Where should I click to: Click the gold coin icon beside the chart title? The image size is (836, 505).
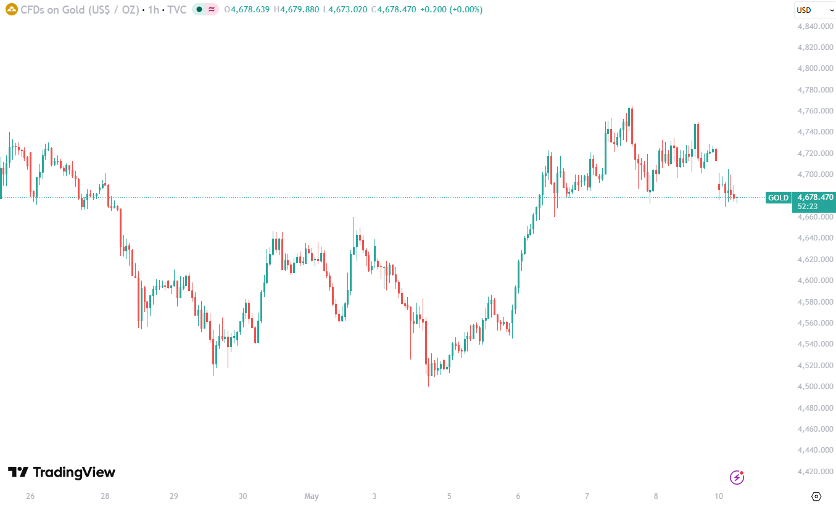pyautogui.click(x=12, y=9)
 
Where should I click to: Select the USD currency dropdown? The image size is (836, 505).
pyautogui.click(x=815, y=10)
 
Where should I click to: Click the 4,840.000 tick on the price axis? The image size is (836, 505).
pyautogui.click(x=815, y=26)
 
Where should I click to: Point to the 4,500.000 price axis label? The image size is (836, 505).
pyautogui.click(x=815, y=387)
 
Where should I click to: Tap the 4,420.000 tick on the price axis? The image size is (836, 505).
pyautogui.click(x=815, y=472)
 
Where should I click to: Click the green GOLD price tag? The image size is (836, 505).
pyautogui.click(x=778, y=198)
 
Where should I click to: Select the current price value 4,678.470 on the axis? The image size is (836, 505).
pyautogui.click(x=815, y=197)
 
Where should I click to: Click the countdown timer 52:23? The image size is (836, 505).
pyautogui.click(x=807, y=206)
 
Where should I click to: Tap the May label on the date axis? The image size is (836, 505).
pyautogui.click(x=312, y=496)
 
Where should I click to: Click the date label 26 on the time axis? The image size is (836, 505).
pyautogui.click(x=30, y=496)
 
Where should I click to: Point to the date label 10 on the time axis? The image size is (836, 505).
pyautogui.click(x=719, y=496)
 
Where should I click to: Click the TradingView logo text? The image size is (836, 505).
pyautogui.click(x=74, y=472)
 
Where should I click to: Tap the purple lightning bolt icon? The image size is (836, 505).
pyautogui.click(x=737, y=477)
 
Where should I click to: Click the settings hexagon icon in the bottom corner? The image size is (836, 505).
pyautogui.click(x=816, y=496)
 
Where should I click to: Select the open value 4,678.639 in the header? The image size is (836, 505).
pyautogui.click(x=250, y=9)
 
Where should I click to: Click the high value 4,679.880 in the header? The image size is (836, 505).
pyautogui.click(x=299, y=9)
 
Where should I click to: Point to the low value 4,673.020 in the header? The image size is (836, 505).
pyautogui.click(x=347, y=9)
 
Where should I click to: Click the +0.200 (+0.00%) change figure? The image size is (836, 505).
pyautogui.click(x=451, y=9)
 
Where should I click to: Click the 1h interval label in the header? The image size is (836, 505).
pyautogui.click(x=154, y=10)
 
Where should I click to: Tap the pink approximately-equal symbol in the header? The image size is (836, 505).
pyautogui.click(x=212, y=9)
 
